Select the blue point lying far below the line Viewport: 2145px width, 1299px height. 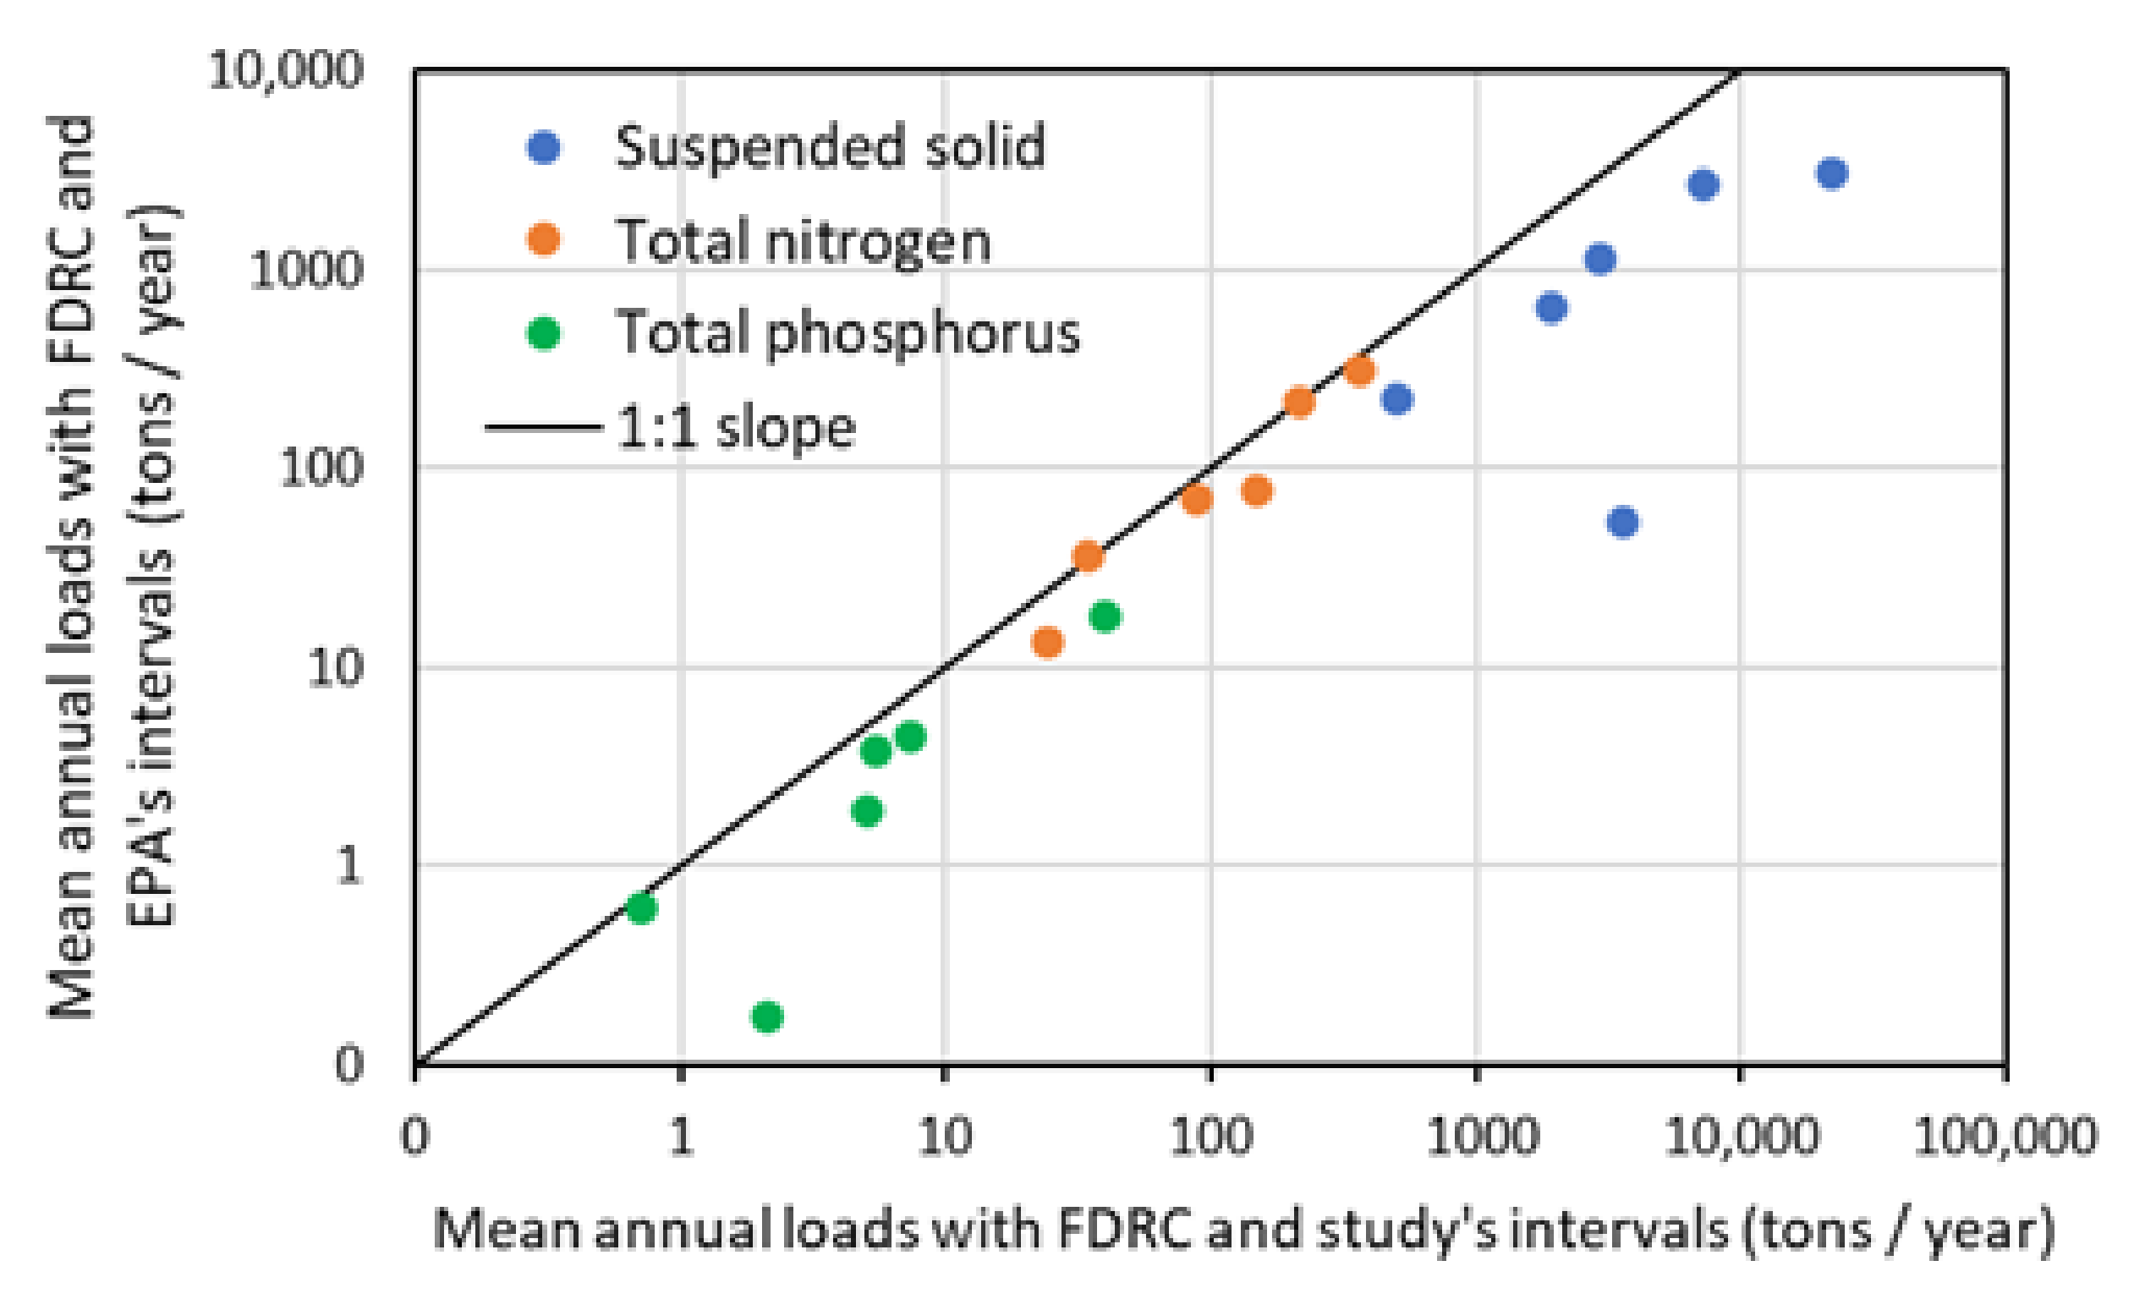[1622, 522]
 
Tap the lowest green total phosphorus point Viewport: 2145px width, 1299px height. [767, 1016]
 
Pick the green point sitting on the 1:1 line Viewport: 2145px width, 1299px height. [642, 908]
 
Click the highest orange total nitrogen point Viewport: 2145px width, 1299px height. [1360, 371]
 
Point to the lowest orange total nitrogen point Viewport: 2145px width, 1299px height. [1047, 643]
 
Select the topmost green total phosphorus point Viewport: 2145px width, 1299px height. [1105, 617]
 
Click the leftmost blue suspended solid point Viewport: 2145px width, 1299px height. [1397, 399]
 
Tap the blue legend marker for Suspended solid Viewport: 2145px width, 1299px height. [544, 147]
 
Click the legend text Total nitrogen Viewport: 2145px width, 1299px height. [804, 241]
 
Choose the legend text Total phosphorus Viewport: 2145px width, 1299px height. [847, 332]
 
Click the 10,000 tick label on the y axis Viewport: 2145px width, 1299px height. [285, 69]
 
